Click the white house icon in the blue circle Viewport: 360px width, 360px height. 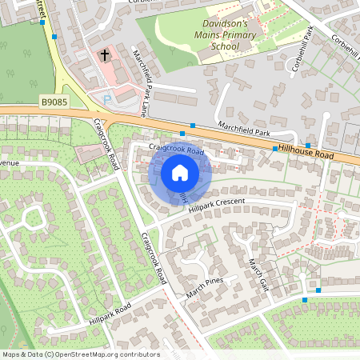click(x=180, y=172)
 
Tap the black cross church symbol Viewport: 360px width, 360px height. click(x=104, y=55)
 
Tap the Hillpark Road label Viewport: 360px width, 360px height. click(x=110, y=315)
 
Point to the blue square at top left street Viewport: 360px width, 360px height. click(x=54, y=36)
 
